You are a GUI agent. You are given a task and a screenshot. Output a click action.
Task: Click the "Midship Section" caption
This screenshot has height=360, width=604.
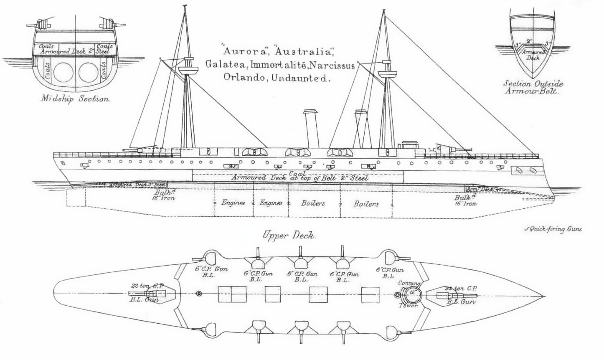pyautogui.click(x=75, y=100)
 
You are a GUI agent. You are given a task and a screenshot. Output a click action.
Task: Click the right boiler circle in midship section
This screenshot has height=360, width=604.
pyautogui.click(x=89, y=73)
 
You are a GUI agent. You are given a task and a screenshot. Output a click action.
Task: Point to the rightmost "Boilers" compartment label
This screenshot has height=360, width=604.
pyautogui.click(x=366, y=204)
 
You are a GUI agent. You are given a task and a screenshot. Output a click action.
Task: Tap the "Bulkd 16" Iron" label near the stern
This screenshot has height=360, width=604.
pyautogui.click(x=163, y=195)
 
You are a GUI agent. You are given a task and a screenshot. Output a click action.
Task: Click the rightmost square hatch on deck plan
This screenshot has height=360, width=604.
pyautogui.click(x=370, y=295)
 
